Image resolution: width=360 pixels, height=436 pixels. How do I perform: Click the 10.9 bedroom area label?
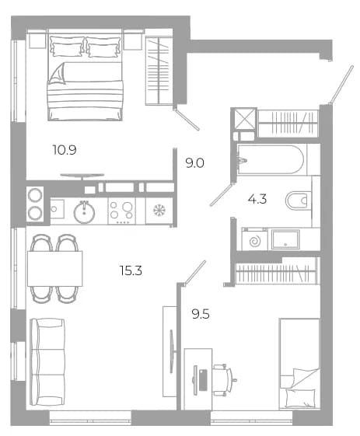65,150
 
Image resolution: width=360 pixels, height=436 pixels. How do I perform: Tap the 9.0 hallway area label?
195,163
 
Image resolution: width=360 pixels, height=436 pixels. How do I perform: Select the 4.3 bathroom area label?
257,199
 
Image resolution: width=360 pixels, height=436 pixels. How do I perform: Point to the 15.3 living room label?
131,270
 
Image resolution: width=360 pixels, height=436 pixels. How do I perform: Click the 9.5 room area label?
201,315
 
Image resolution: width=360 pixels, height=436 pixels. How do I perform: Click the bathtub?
271,159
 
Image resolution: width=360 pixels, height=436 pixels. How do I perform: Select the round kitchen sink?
84,212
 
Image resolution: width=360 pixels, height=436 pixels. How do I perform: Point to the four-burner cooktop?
121,212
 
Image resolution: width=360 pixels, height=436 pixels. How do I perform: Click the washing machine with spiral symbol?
254,239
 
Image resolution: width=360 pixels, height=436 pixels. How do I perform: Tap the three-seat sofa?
47,362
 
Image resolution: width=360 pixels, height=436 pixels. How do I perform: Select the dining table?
54,269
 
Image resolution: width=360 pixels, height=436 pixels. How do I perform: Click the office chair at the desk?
225,379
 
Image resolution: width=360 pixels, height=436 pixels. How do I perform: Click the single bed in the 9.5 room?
299,364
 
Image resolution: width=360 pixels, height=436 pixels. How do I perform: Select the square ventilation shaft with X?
245,119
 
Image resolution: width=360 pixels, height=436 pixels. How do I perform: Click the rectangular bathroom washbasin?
285,239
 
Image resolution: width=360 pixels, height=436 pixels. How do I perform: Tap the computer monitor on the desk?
196,380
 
